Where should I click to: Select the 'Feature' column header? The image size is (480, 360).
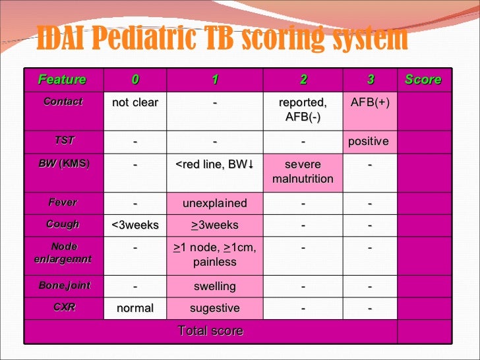[x=62, y=80]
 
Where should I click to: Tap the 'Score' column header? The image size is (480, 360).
[x=423, y=80]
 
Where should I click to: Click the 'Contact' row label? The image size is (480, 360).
[x=63, y=102]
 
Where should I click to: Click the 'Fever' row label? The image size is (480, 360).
[x=63, y=202]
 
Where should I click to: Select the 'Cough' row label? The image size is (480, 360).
[x=63, y=224]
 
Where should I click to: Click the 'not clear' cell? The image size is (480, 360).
[x=135, y=103]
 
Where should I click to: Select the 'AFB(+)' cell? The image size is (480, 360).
[x=371, y=103]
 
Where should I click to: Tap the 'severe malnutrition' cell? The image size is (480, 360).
[x=303, y=171]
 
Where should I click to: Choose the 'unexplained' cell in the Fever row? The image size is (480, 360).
[x=215, y=203]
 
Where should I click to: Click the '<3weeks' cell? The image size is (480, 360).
[x=135, y=225]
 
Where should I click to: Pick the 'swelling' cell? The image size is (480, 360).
[x=215, y=286]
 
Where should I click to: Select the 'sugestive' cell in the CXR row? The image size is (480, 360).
[x=215, y=308]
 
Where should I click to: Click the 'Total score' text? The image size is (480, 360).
[x=210, y=331]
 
